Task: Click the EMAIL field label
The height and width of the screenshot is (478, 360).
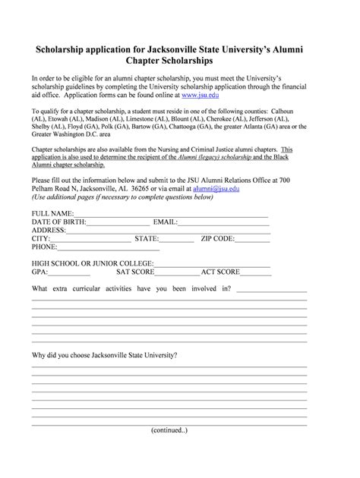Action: pos(166,223)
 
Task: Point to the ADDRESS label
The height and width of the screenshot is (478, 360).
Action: pos(49,231)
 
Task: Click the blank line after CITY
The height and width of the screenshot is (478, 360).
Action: pos(88,240)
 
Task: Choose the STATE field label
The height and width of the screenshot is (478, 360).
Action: pos(147,239)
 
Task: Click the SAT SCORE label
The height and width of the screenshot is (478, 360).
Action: pos(135,271)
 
